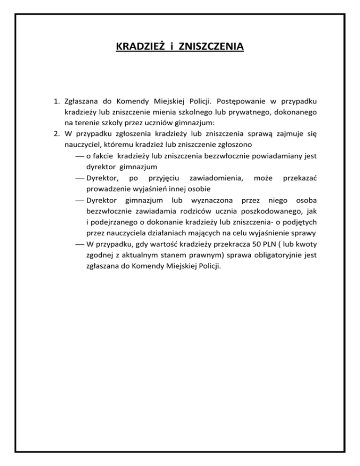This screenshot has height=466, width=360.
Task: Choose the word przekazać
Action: point(300,178)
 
